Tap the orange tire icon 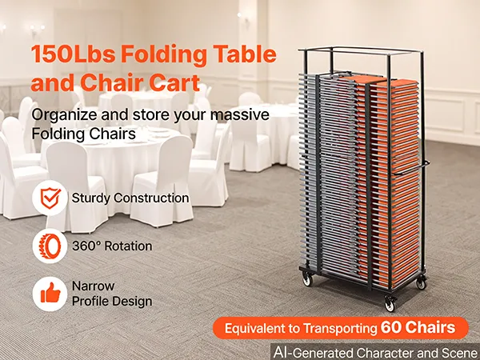(50, 246)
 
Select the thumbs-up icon (50, 294)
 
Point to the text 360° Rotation (112, 246)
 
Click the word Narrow (93, 286)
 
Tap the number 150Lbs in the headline (73, 54)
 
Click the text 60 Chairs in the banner (418, 327)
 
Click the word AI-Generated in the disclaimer (313, 352)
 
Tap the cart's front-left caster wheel (307, 279)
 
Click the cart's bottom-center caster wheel (390, 305)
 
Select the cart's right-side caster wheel (422, 283)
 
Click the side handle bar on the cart (411, 168)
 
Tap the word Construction (151, 198)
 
